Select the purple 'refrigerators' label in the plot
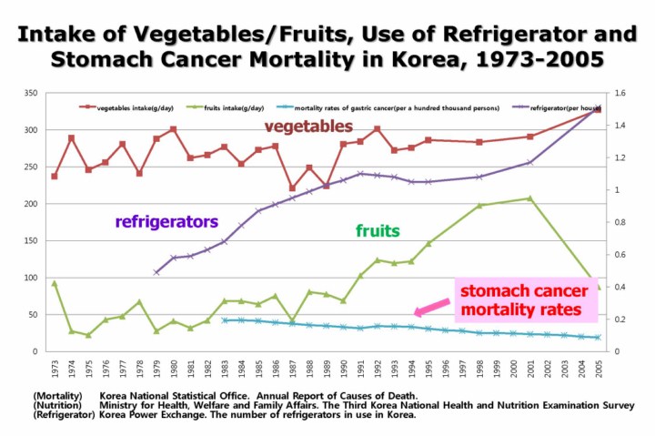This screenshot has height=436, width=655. tap(166, 221)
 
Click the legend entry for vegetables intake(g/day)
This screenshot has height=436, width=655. tap(133, 107)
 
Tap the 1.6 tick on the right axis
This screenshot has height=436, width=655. tap(620, 93)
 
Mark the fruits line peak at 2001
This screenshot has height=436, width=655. tap(530, 198)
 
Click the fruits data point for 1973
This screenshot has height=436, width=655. tap(54, 283)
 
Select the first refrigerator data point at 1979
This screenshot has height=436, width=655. tap(156, 272)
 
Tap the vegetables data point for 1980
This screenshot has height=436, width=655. tap(173, 129)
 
